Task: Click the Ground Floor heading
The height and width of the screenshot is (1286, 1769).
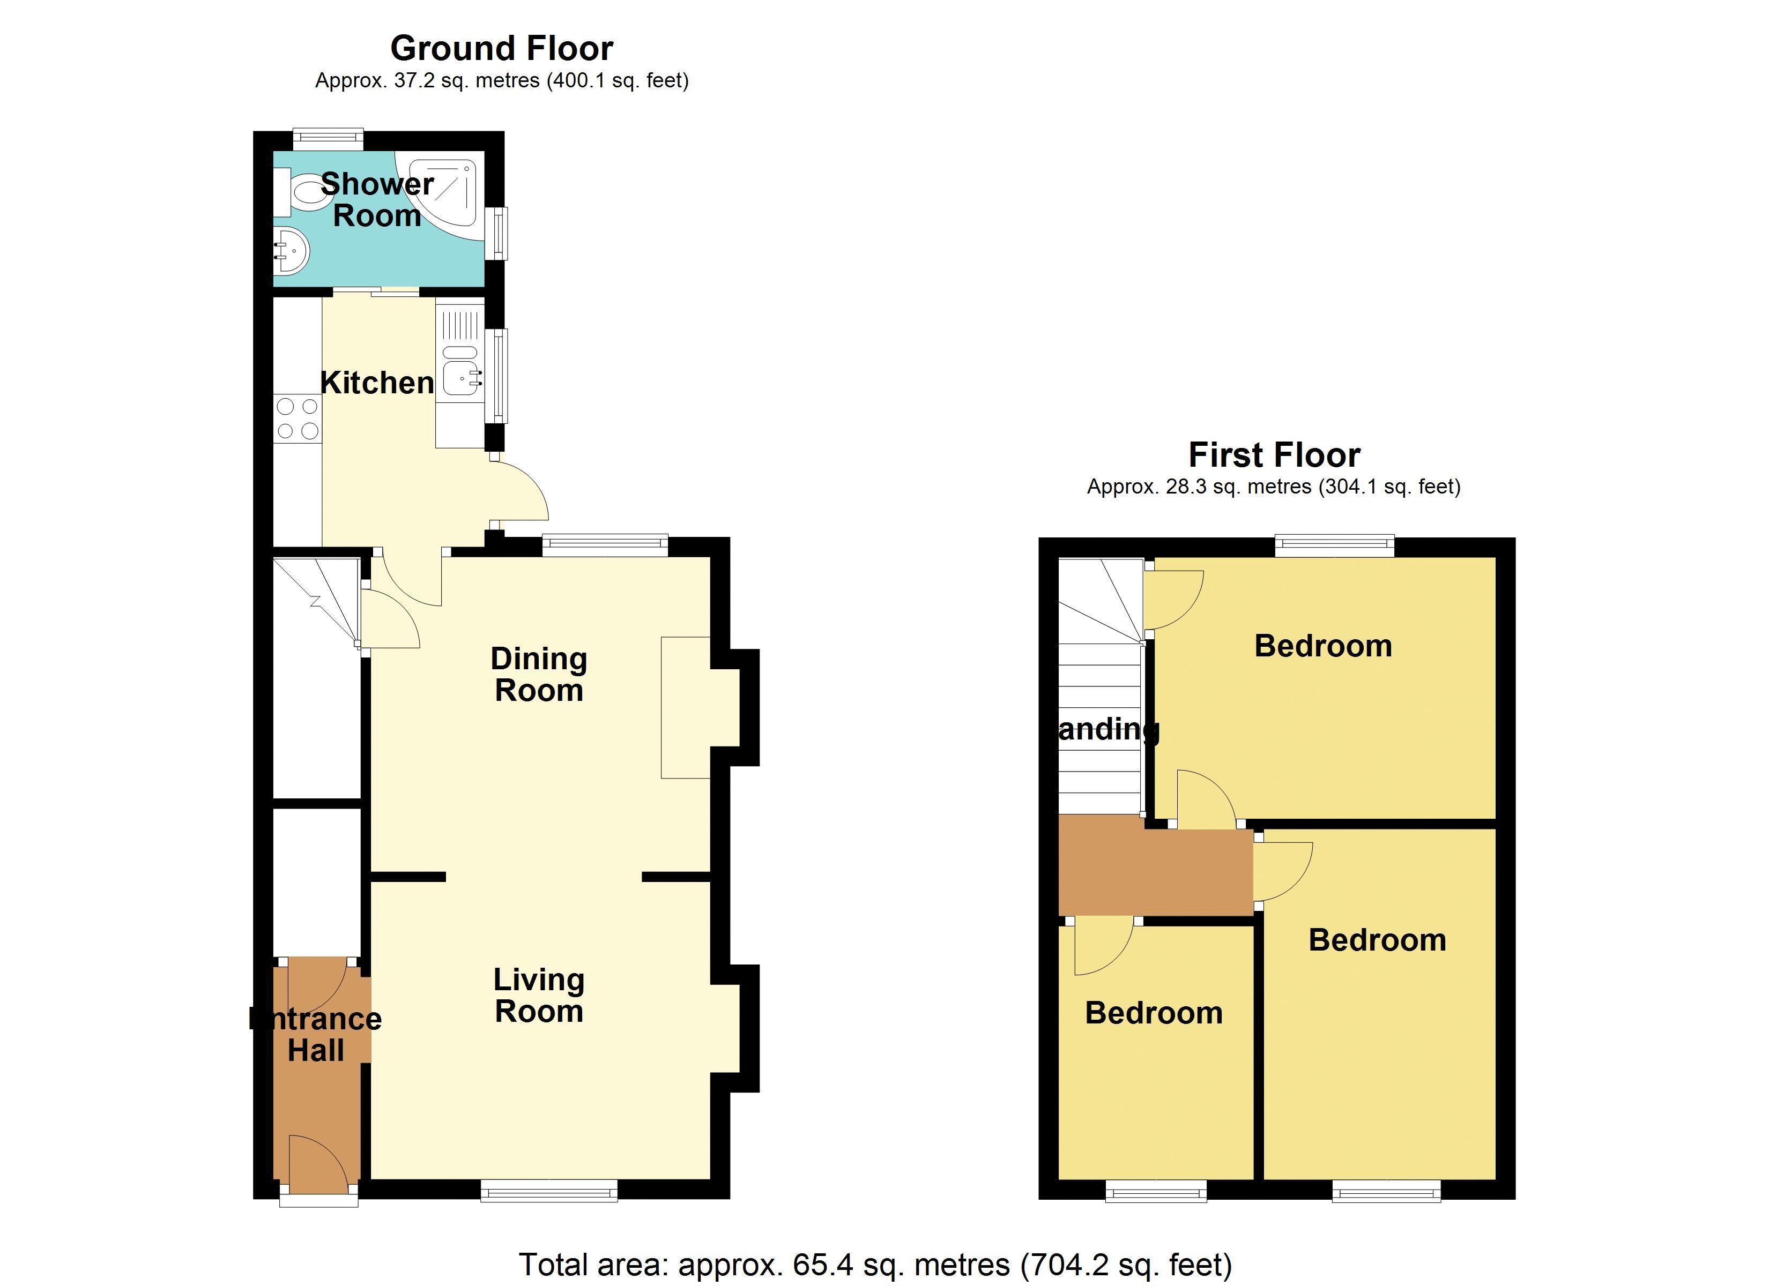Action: click(502, 48)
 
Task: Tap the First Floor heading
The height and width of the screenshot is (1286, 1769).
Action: click(1274, 455)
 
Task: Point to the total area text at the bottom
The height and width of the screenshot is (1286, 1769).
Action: click(875, 1264)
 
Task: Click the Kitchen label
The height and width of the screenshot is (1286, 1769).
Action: click(377, 383)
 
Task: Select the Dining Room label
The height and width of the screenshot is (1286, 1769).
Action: click(538, 675)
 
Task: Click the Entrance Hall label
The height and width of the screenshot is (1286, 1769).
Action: click(316, 1035)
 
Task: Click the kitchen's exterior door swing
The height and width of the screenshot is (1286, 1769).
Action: click(519, 491)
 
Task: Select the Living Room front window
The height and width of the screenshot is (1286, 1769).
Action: click(548, 1190)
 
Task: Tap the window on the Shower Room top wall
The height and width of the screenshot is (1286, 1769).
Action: click(328, 139)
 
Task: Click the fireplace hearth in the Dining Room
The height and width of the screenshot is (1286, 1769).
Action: click(685, 707)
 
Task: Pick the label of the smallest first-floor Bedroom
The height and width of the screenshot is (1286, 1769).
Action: click(1153, 1013)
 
